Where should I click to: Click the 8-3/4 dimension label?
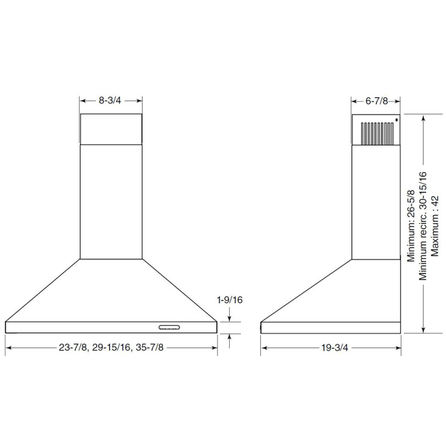pyautogui.click(x=110, y=101)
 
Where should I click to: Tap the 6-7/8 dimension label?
pyautogui.click(x=376, y=101)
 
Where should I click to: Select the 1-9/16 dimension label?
pyautogui.click(x=230, y=300)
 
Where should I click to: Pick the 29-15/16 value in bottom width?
pyautogui.click(x=110, y=347)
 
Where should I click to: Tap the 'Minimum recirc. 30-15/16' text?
pyautogui.click(x=423, y=225)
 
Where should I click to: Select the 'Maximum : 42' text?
pyautogui.click(x=435, y=225)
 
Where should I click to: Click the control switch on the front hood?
pyautogui.click(x=169, y=327)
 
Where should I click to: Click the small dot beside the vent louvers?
pyautogui.click(x=396, y=119)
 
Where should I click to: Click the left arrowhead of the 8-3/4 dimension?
pyautogui.click(x=83, y=101)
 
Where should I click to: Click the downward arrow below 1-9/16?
pyautogui.click(x=230, y=319)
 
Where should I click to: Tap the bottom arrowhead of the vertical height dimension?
pyautogui.click(x=425, y=330)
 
